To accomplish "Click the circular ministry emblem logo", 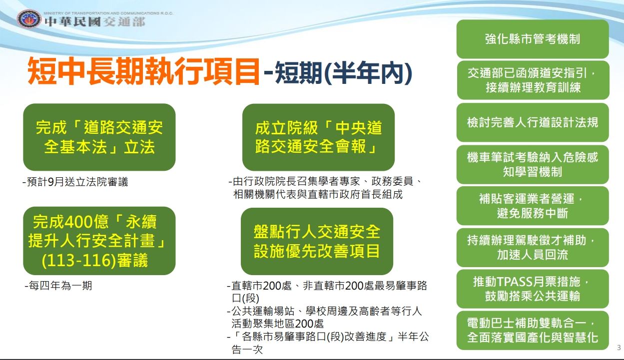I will [29, 19].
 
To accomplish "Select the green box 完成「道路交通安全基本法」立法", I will [99, 137].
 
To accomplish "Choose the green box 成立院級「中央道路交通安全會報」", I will [318, 137].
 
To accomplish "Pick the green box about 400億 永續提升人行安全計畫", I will [99, 241].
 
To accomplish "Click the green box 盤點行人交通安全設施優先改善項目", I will [317, 241].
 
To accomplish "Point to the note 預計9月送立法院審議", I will [75, 182].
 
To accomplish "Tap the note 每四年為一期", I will [58, 286].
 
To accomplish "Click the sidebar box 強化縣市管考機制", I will [533, 39].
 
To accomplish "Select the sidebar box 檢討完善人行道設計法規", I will [533, 122].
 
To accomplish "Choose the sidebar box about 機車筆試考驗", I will [533, 164].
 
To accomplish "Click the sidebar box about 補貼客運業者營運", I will [533, 206].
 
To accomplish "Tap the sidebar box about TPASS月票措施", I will [533, 289].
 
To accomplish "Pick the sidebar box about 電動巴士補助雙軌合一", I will [533, 330].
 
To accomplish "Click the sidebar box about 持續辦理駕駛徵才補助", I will [533, 247].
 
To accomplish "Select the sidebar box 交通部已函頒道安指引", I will [533, 80].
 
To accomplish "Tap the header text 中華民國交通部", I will [95, 22].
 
